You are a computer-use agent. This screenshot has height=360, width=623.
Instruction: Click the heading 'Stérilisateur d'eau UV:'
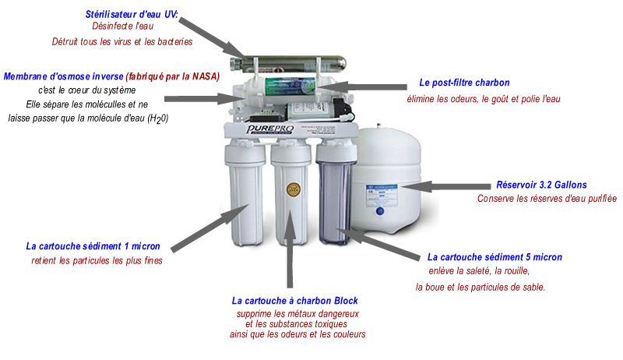pos(132,14)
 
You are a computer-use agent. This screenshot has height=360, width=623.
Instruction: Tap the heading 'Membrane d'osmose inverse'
pos(63,76)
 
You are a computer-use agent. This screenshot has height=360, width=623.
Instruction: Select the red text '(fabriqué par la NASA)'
pos(173,76)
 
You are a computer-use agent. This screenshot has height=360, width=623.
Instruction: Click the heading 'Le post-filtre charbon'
pos(464,83)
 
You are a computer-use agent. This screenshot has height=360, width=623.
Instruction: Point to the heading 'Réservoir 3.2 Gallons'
pos(541,185)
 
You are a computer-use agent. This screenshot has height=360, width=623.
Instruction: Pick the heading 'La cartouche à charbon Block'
pos(295,300)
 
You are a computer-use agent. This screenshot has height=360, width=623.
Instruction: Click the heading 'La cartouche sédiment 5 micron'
pos(495,257)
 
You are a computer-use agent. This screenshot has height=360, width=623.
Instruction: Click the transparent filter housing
pos(333,195)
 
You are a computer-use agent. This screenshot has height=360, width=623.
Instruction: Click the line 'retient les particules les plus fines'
pos(97,260)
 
